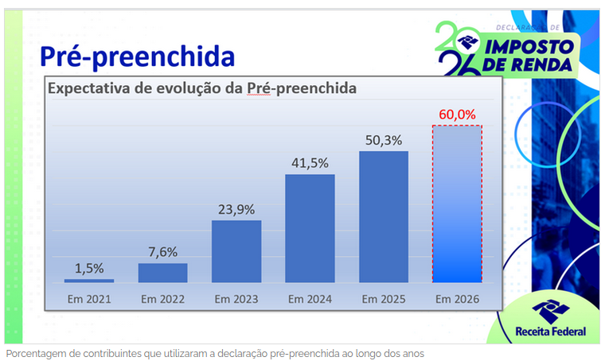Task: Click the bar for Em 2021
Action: pos(89,281)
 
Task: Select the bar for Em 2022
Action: pos(163,273)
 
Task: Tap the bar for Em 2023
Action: pos(236,251)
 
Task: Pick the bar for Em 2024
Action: pos(310,228)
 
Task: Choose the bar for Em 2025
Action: pos(384,216)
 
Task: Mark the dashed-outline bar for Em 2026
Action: pos(457,204)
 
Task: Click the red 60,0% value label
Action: pos(457,115)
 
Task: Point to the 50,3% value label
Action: pos(384,140)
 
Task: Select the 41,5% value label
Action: pos(310,163)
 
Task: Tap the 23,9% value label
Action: pos(236,209)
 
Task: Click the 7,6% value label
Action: pos(163,252)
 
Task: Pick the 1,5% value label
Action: pos(89,268)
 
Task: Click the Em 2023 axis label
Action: pos(236,300)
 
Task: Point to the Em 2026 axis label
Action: pos(457,300)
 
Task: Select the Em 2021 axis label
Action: pos(89,300)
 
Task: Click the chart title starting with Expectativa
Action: pos(202,88)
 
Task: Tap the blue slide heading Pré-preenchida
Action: pos(138,56)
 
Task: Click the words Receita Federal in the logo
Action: pos(551,331)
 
